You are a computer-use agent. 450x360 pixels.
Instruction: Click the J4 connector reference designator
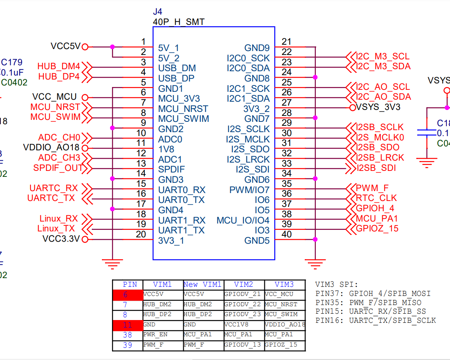158,12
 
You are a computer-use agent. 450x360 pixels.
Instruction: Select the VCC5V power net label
65,46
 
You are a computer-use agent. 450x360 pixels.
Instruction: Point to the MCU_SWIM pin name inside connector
183,119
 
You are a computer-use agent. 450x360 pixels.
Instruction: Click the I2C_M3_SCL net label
383,57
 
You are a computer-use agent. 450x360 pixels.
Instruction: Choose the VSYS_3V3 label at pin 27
378,107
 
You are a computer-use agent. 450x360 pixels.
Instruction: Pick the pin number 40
287,234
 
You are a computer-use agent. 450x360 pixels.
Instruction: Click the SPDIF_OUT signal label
58,168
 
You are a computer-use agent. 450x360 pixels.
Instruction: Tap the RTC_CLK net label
376,198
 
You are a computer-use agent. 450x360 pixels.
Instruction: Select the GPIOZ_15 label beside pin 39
377,228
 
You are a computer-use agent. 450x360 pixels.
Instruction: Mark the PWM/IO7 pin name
249,190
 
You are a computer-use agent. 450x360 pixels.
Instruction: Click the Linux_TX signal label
56,228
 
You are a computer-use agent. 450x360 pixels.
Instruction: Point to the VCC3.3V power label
61,239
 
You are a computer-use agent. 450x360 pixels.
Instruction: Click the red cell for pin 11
127,325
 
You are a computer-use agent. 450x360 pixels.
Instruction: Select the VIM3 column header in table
284,284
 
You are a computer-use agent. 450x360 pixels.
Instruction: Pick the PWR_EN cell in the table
155,335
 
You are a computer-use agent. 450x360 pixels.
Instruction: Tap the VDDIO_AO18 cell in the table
285,325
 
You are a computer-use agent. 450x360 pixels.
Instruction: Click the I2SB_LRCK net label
380,157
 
